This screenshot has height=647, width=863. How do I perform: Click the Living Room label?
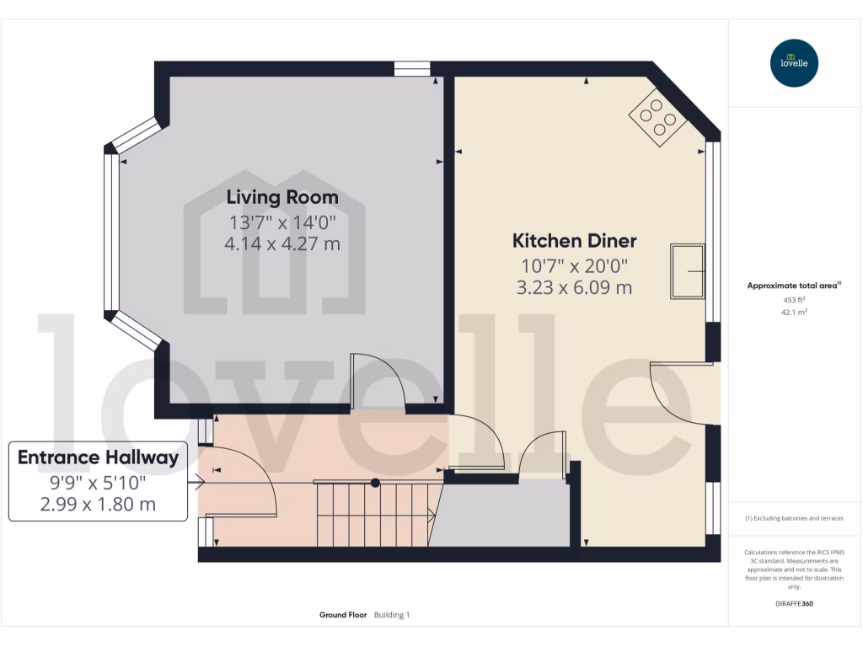[x=282, y=197]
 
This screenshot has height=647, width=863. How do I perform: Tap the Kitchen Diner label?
[x=574, y=241]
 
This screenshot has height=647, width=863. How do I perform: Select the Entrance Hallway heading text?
[x=98, y=457]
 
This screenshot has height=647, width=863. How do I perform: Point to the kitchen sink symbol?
[x=687, y=271]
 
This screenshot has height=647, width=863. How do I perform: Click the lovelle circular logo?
[x=794, y=63]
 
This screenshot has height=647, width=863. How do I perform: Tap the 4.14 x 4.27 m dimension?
[x=282, y=244]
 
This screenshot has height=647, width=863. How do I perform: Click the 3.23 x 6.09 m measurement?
[x=574, y=288]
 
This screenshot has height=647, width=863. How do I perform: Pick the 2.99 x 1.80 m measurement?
[x=98, y=505]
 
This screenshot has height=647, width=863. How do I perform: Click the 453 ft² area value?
[x=794, y=299]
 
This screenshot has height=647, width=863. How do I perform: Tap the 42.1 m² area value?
[x=794, y=312]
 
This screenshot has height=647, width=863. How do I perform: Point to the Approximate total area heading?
[x=794, y=286]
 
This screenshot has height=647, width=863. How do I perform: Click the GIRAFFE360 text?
[x=794, y=604]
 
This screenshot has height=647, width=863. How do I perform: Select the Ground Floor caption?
[x=343, y=615]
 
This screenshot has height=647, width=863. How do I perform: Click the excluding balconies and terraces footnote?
[x=794, y=518]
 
